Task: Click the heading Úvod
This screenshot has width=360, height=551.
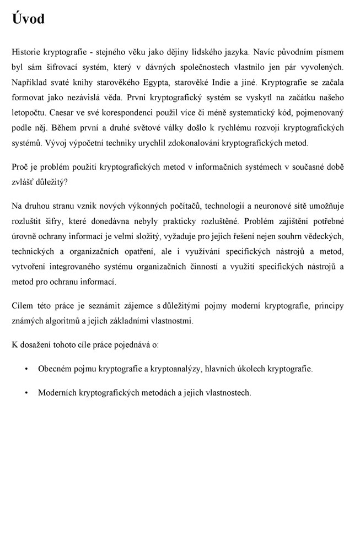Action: pyautogui.click(x=28, y=19)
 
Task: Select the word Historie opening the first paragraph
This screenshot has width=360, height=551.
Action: pyautogui.click(x=26, y=52)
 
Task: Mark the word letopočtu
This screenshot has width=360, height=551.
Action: pyautogui.click(x=28, y=113)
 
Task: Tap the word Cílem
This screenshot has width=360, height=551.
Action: pyautogui.click(x=22, y=306)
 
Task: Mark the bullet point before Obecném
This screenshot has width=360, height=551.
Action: pyautogui.click(x=26, y=369)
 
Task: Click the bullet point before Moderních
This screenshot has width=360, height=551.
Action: pyautogui.click(x=26, y=393)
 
